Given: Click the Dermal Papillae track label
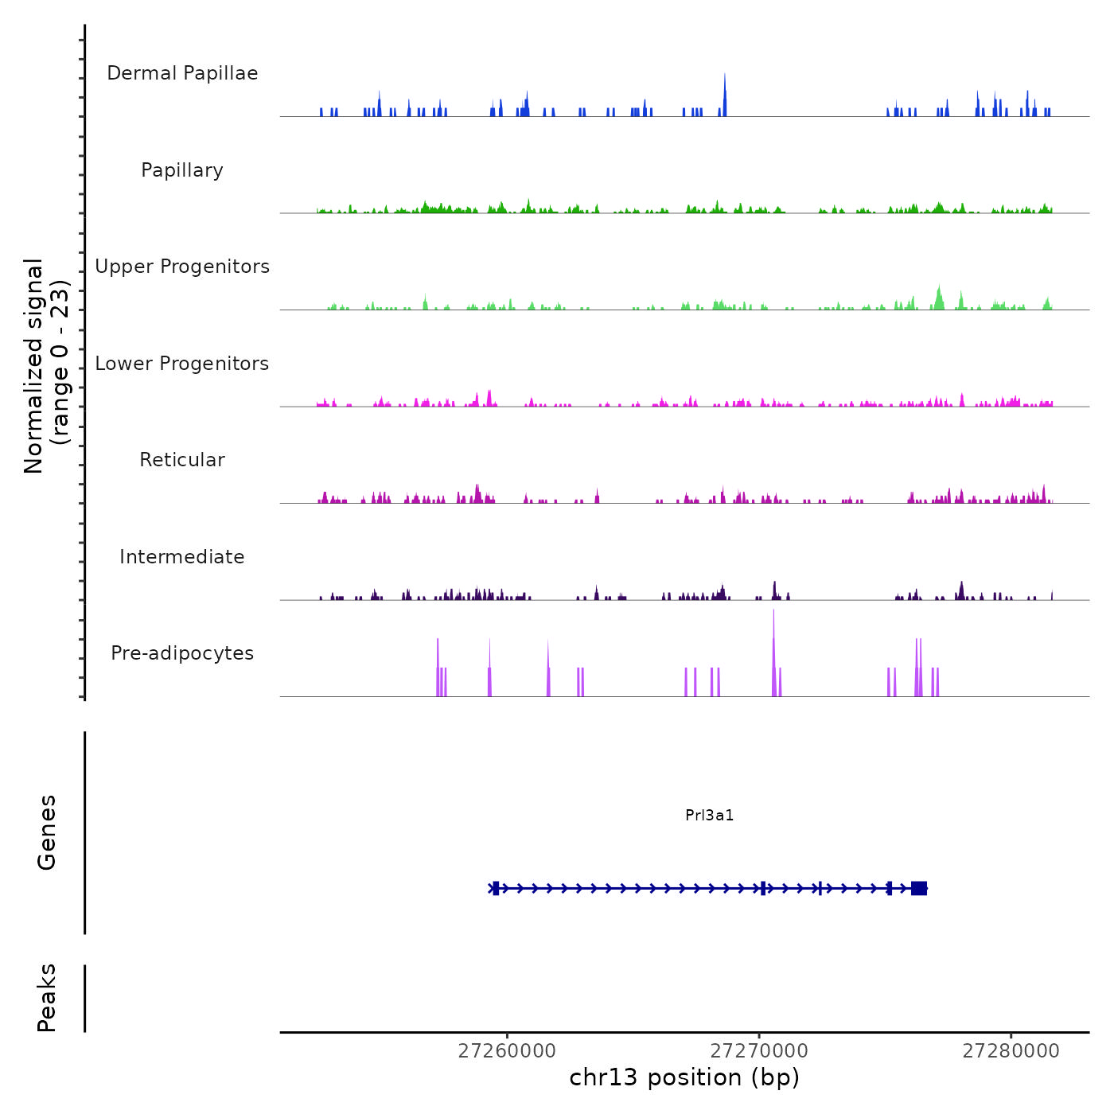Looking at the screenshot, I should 182,73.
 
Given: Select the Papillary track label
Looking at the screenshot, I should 182,170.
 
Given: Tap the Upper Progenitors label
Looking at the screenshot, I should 182,267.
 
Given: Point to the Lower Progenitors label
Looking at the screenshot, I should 182,364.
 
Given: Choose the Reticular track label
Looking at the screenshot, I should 182,460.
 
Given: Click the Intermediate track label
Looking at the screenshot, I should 182,557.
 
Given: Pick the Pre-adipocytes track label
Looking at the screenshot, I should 182,653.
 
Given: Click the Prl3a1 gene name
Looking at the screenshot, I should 709,815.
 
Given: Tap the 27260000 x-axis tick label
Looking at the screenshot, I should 507,1051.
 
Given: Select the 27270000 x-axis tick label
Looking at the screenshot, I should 759,1051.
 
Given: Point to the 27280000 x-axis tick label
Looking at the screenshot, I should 1011,1051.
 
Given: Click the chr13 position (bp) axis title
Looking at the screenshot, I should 684,1077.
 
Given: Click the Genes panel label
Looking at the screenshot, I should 47,832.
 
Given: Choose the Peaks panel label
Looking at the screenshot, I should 47,998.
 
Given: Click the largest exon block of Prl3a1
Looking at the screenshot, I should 919,888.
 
